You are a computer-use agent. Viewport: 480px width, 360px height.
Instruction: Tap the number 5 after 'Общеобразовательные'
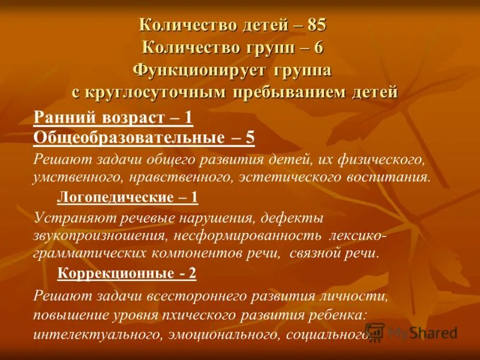pyautogui.click(x=250, y=137)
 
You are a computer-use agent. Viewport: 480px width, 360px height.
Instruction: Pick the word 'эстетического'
pyautogui.click(x=310, y=177)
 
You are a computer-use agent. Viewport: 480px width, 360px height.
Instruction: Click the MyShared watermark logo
pyautogui.click(x=411, y=332)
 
